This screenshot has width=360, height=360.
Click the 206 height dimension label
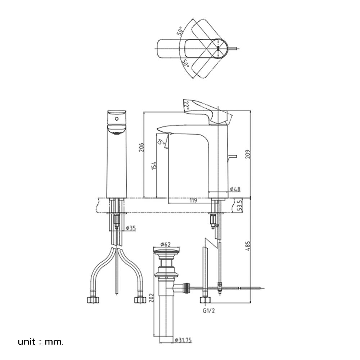pos(141,147)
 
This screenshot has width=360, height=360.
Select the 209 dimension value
pos(248,154)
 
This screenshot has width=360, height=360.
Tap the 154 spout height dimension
pos(154,166)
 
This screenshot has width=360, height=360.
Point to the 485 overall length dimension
pos(248,246)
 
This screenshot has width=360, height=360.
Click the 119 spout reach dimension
pos(193,201)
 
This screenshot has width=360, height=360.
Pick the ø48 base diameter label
pos(235,189)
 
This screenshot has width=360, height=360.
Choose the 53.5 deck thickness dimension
pos(239,206)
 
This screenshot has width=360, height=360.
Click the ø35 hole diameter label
pos(131,228)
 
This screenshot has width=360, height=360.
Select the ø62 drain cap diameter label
pos(165,244)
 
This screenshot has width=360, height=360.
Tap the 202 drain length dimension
pos(151,298)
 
